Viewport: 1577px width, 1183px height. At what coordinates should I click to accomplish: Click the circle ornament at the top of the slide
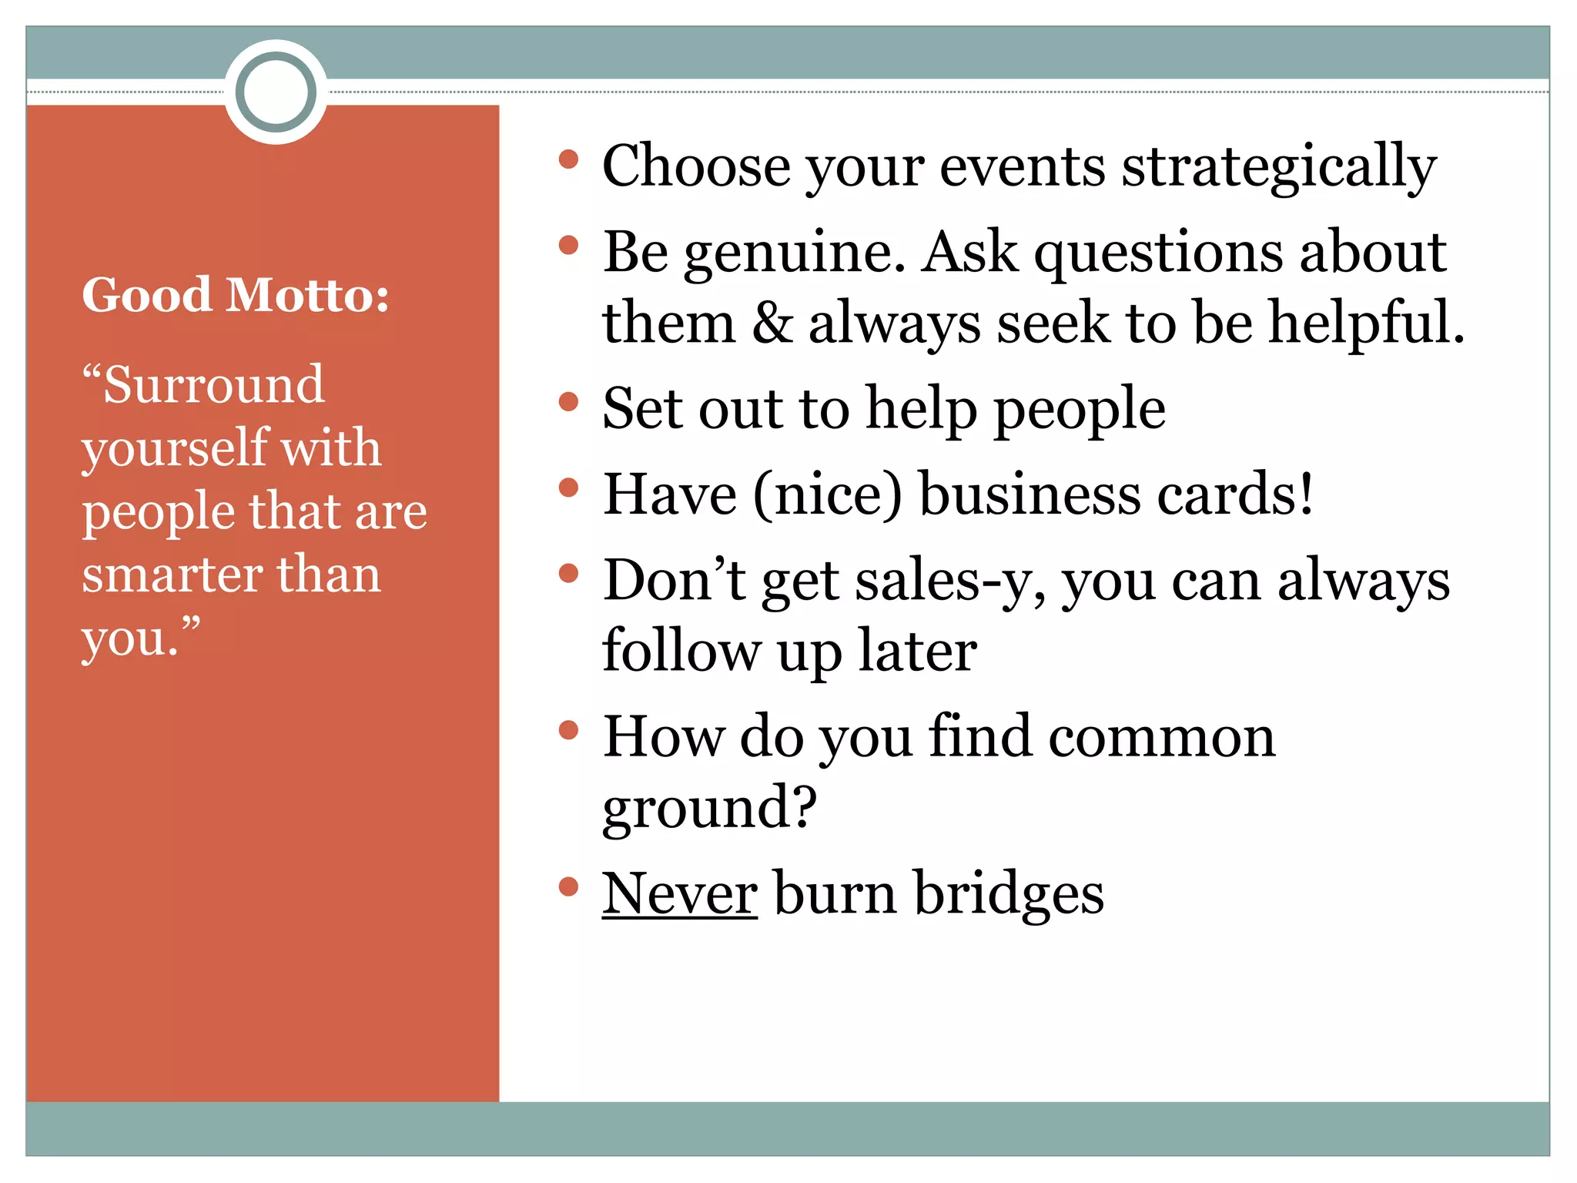276,92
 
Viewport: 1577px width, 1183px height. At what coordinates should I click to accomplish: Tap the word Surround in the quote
214,384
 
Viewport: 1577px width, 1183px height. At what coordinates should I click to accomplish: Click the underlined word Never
679,893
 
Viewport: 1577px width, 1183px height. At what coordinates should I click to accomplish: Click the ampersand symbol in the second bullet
772,322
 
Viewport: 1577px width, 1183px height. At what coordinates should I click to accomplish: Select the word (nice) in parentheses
828,494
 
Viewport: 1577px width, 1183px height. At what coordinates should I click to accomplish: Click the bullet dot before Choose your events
568,159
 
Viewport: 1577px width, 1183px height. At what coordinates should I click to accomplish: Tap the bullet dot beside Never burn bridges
568,886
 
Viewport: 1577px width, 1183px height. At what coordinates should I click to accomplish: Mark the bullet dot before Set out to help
568,401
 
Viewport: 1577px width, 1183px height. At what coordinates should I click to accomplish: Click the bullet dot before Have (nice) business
568,488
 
